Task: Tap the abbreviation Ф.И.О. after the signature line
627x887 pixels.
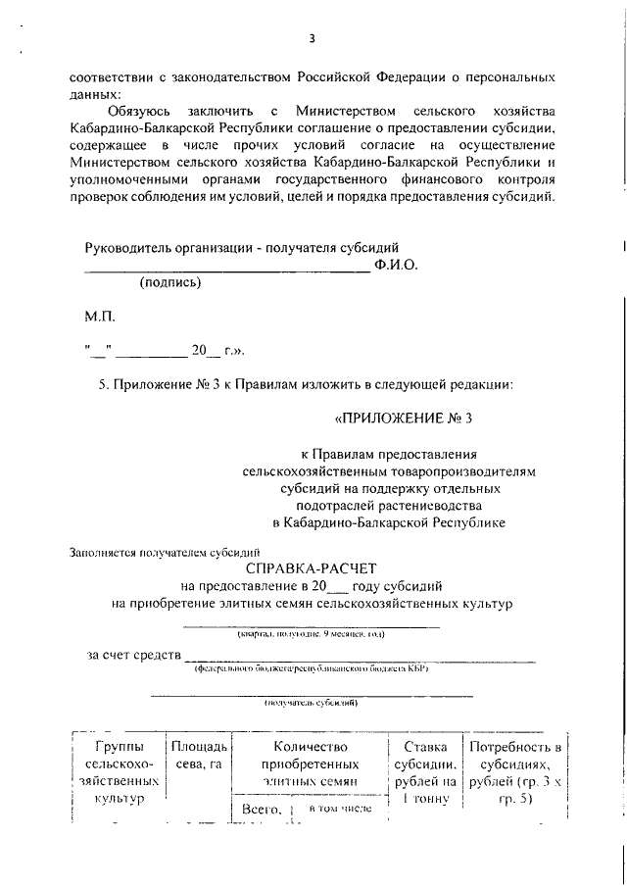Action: [396, 265]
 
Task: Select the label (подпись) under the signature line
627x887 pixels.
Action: [170, 282]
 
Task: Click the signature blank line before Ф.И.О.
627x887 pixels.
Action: [226, 269]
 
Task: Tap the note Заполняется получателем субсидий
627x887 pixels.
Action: [164, 551]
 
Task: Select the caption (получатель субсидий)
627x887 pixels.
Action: [311, 703]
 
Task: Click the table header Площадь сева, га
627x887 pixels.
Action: [199, 756]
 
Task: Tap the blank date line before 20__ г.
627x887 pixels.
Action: [153, 352]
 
